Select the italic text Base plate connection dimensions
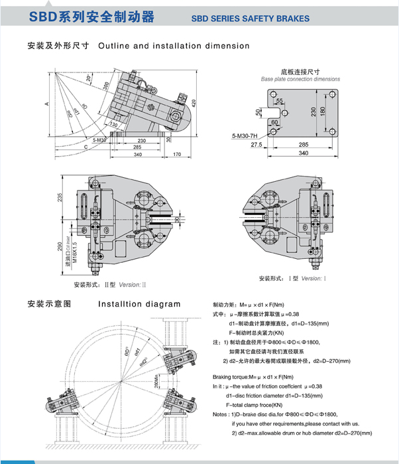click(x=300, y=78)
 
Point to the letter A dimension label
click(x=46, y=104)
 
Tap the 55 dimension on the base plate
click(x=280, y=101)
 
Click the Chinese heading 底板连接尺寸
click(x=300, y=70)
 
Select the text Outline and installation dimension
click(x=174, y=46)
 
